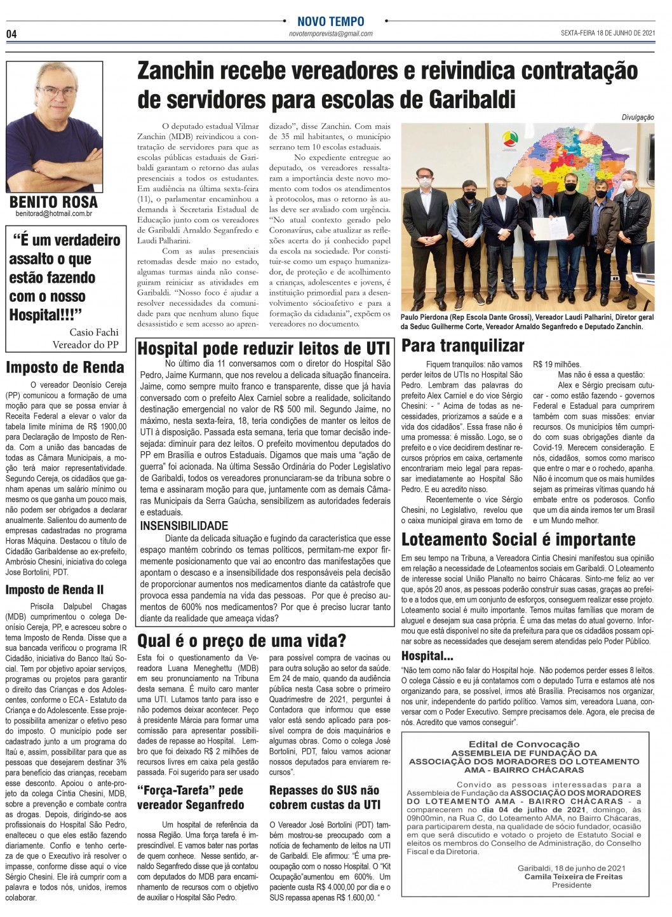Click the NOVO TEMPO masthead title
point(331,22)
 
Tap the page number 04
point(11,34)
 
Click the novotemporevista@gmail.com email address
point(330,34)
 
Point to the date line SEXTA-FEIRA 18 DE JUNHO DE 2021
point(608,33)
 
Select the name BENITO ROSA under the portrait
point(54,202)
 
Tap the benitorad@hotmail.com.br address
point(54,214)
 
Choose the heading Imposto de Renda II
point(55,590)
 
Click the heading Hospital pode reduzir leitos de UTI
point(264,348)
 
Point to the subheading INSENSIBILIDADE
point(184,526)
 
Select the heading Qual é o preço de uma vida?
point(241,639)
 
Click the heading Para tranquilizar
point(463,346)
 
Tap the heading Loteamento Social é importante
point(518,540)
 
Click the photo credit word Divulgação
point(638,118)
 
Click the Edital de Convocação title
point(524,744)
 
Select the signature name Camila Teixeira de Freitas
point(573,876)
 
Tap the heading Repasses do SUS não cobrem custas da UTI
point(324,797)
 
